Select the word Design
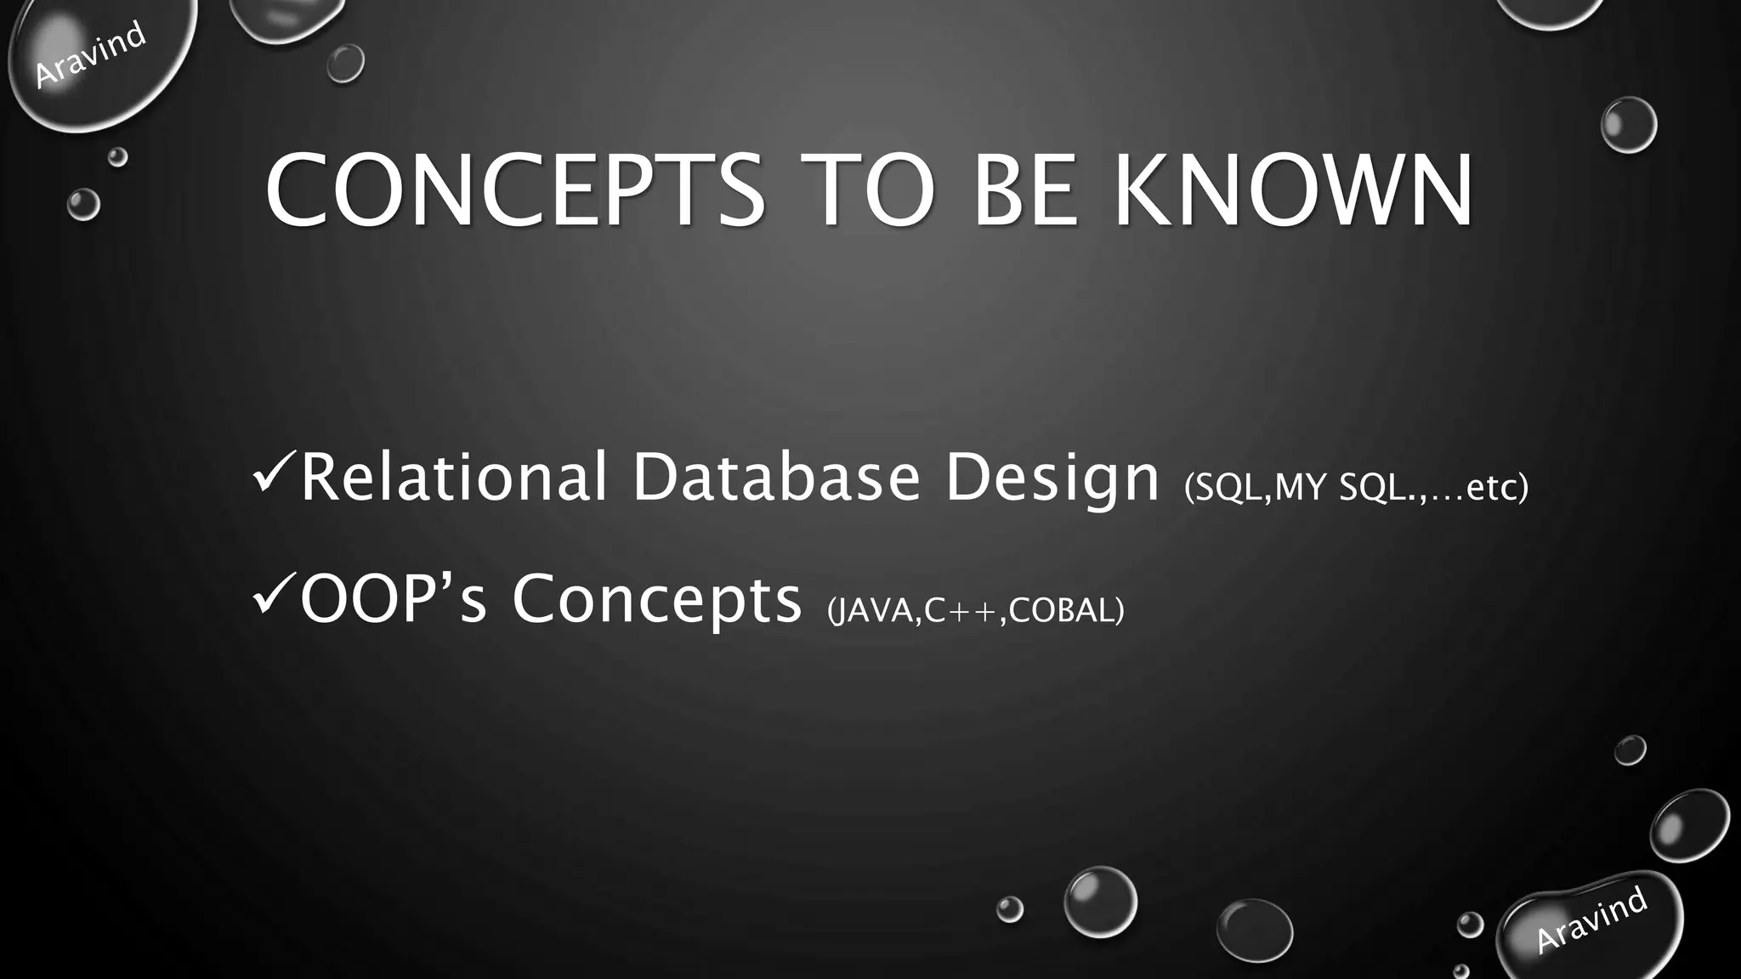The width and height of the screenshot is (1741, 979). (x=1052, y=478)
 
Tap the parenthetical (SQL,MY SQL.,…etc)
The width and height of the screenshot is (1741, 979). (x=1355, y=487)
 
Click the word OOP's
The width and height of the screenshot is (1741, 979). (x=393, y=598)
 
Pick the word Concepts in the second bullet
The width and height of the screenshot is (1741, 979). (x=656, y=600)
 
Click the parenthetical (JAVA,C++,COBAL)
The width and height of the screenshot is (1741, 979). (x=975, y=610)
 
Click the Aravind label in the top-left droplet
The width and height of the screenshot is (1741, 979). (x=90, y=54)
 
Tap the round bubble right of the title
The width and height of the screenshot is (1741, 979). (x=1628, y=125)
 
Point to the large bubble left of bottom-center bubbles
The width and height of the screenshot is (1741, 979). (x=1100, y=902)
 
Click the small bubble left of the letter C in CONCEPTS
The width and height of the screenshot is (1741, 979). (x=83, y=205)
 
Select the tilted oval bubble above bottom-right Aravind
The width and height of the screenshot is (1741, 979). (x=1689, y=824)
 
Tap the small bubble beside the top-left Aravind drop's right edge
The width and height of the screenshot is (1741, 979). (x=345, y=63)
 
